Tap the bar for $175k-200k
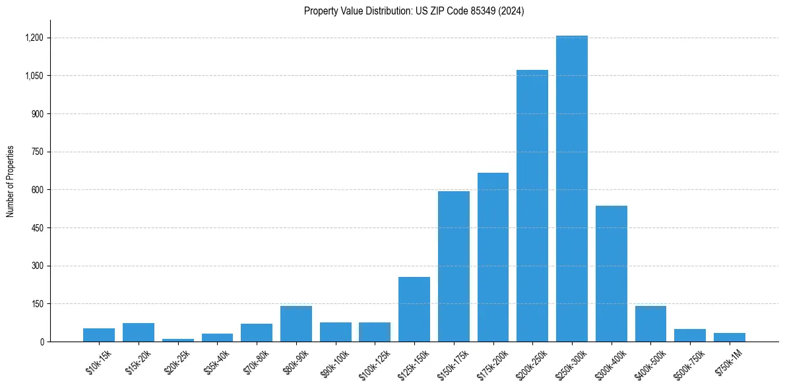pos(493,257)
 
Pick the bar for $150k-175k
pos(453,266)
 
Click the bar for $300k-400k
pos(611,274)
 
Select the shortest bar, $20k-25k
pos(177,340)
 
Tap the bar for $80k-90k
pos(296,324)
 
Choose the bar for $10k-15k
pos(99,335)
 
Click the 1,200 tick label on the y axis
pos(34,38)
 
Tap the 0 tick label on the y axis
pos(42,342)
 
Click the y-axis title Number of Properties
pos(11,181)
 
